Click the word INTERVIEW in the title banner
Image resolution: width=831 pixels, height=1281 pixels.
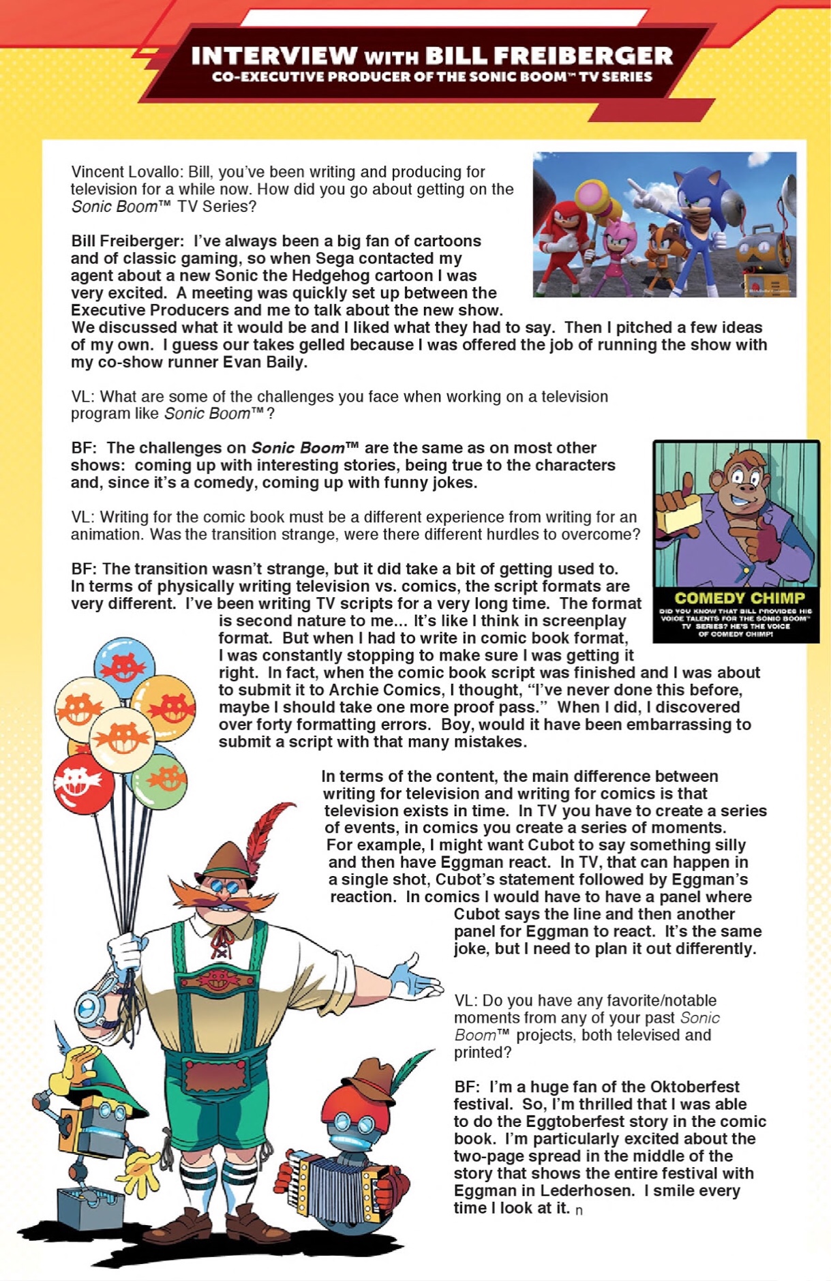274,56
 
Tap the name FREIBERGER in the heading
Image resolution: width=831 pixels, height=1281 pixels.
549,56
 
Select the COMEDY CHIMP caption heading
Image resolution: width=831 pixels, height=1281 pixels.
739,598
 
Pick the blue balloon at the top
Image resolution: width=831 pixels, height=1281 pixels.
124,665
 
